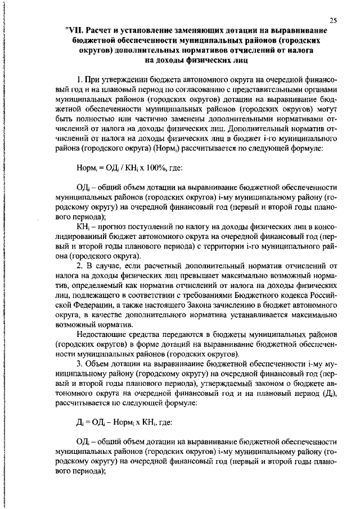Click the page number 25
(334, 20)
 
